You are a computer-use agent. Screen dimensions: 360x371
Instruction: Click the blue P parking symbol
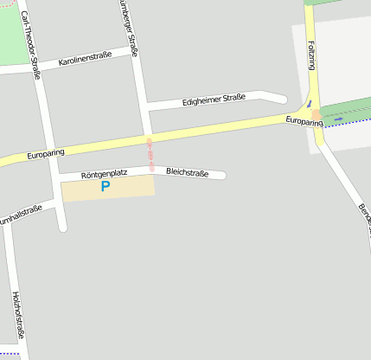[x=106, y=186]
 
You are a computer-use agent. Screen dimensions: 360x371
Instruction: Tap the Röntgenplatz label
[x=104, y=174]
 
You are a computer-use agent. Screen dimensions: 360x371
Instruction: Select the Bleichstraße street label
[x=188, y=172]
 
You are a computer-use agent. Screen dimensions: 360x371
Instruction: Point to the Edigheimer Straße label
[x=214, y=100]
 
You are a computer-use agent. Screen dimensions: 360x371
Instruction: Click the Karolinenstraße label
[x=85, y=59]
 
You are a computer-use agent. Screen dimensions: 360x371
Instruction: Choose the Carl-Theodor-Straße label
[x=30, y=45]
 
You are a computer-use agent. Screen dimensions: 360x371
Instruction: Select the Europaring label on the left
[x=46, y=154]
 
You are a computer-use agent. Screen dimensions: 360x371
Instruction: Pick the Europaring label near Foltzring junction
[x=305, y=122]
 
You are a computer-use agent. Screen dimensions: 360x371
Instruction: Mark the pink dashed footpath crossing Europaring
[x=150, y=153]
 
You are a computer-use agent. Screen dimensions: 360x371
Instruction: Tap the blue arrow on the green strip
[x=338, y=119]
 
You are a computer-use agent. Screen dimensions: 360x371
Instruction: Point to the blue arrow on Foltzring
[x=310, y=104]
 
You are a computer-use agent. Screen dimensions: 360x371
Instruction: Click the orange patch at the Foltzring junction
[x=317, y=113]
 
